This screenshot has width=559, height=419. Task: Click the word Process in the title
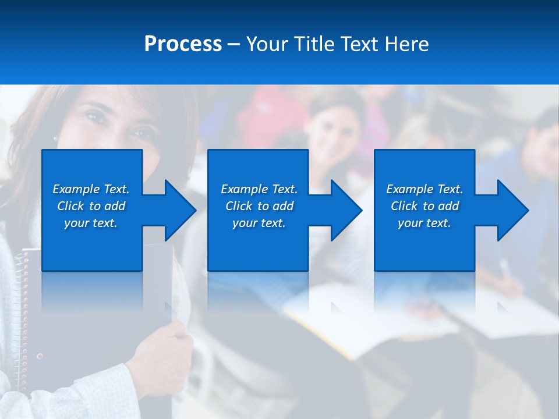183,44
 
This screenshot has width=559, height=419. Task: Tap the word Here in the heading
406,44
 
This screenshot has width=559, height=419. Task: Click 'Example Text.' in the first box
91,189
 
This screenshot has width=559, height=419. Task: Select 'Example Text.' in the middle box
259,189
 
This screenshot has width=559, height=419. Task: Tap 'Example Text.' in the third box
424,189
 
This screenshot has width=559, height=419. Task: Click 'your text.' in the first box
91,223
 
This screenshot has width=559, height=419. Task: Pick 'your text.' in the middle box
259,223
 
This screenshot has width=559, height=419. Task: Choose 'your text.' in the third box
424,223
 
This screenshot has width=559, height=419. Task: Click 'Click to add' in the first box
91,206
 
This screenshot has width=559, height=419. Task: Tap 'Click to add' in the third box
424,206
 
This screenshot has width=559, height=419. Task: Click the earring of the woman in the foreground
55,140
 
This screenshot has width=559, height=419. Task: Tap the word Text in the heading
360,44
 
